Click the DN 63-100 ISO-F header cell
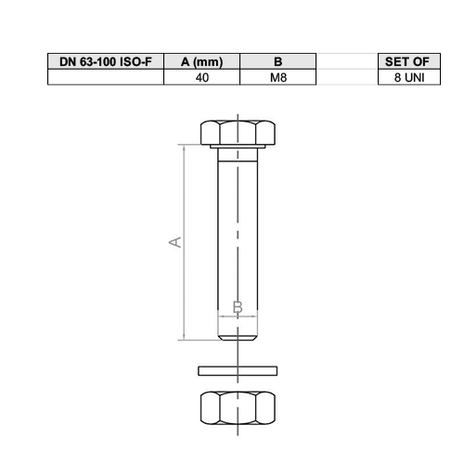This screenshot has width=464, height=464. coord(106,61)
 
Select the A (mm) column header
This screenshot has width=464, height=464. coord(201,61)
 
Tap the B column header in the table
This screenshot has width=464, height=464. coord(278,61)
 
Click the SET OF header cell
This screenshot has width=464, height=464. coord(409,61)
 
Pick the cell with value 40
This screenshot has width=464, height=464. coord(201,77)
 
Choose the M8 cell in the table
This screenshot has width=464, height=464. coord(278,77)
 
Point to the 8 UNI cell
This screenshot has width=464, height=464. coord(409,77)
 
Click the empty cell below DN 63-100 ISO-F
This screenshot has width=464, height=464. coord(106,77)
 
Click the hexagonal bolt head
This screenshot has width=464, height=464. coord(238,133)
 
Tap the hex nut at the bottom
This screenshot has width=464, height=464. coord(238,408)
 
